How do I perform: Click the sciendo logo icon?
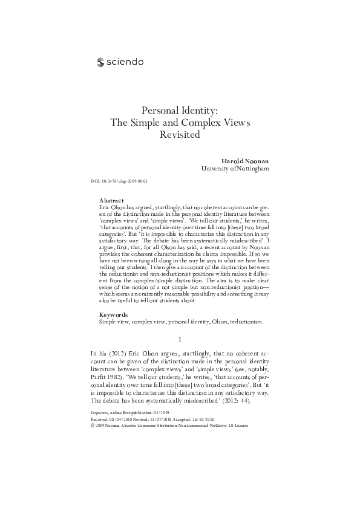point(100,61)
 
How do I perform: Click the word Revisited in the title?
point(179,134)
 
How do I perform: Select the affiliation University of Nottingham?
point(235,169)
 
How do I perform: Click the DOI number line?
point(120,181)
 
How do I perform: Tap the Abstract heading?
point(111,200)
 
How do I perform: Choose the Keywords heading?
point(113,315)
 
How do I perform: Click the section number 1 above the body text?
point(180,339)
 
